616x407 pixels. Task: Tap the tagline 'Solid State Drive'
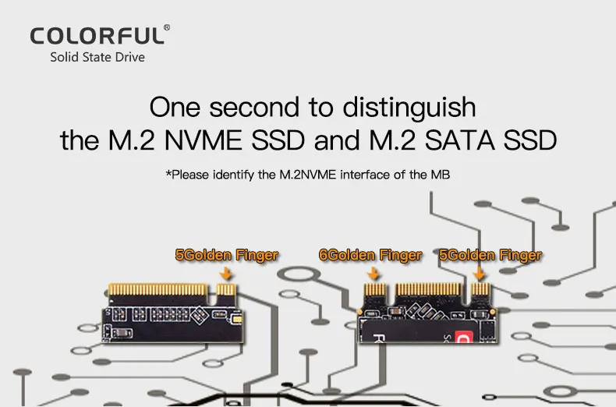tap(97, 57)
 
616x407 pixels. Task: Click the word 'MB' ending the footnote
tap(441, 175)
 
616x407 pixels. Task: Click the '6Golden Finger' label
tap(370, 255)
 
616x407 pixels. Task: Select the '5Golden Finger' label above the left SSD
tap(226, 255)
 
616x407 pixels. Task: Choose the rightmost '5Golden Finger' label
tap(490, 255)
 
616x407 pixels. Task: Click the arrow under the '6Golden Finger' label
tap(373, 273)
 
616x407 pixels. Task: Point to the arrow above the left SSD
tap(227, 273)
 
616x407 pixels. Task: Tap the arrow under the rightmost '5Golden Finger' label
tap(480, 273)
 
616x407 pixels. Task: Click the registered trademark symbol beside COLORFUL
tap(166, 28)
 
